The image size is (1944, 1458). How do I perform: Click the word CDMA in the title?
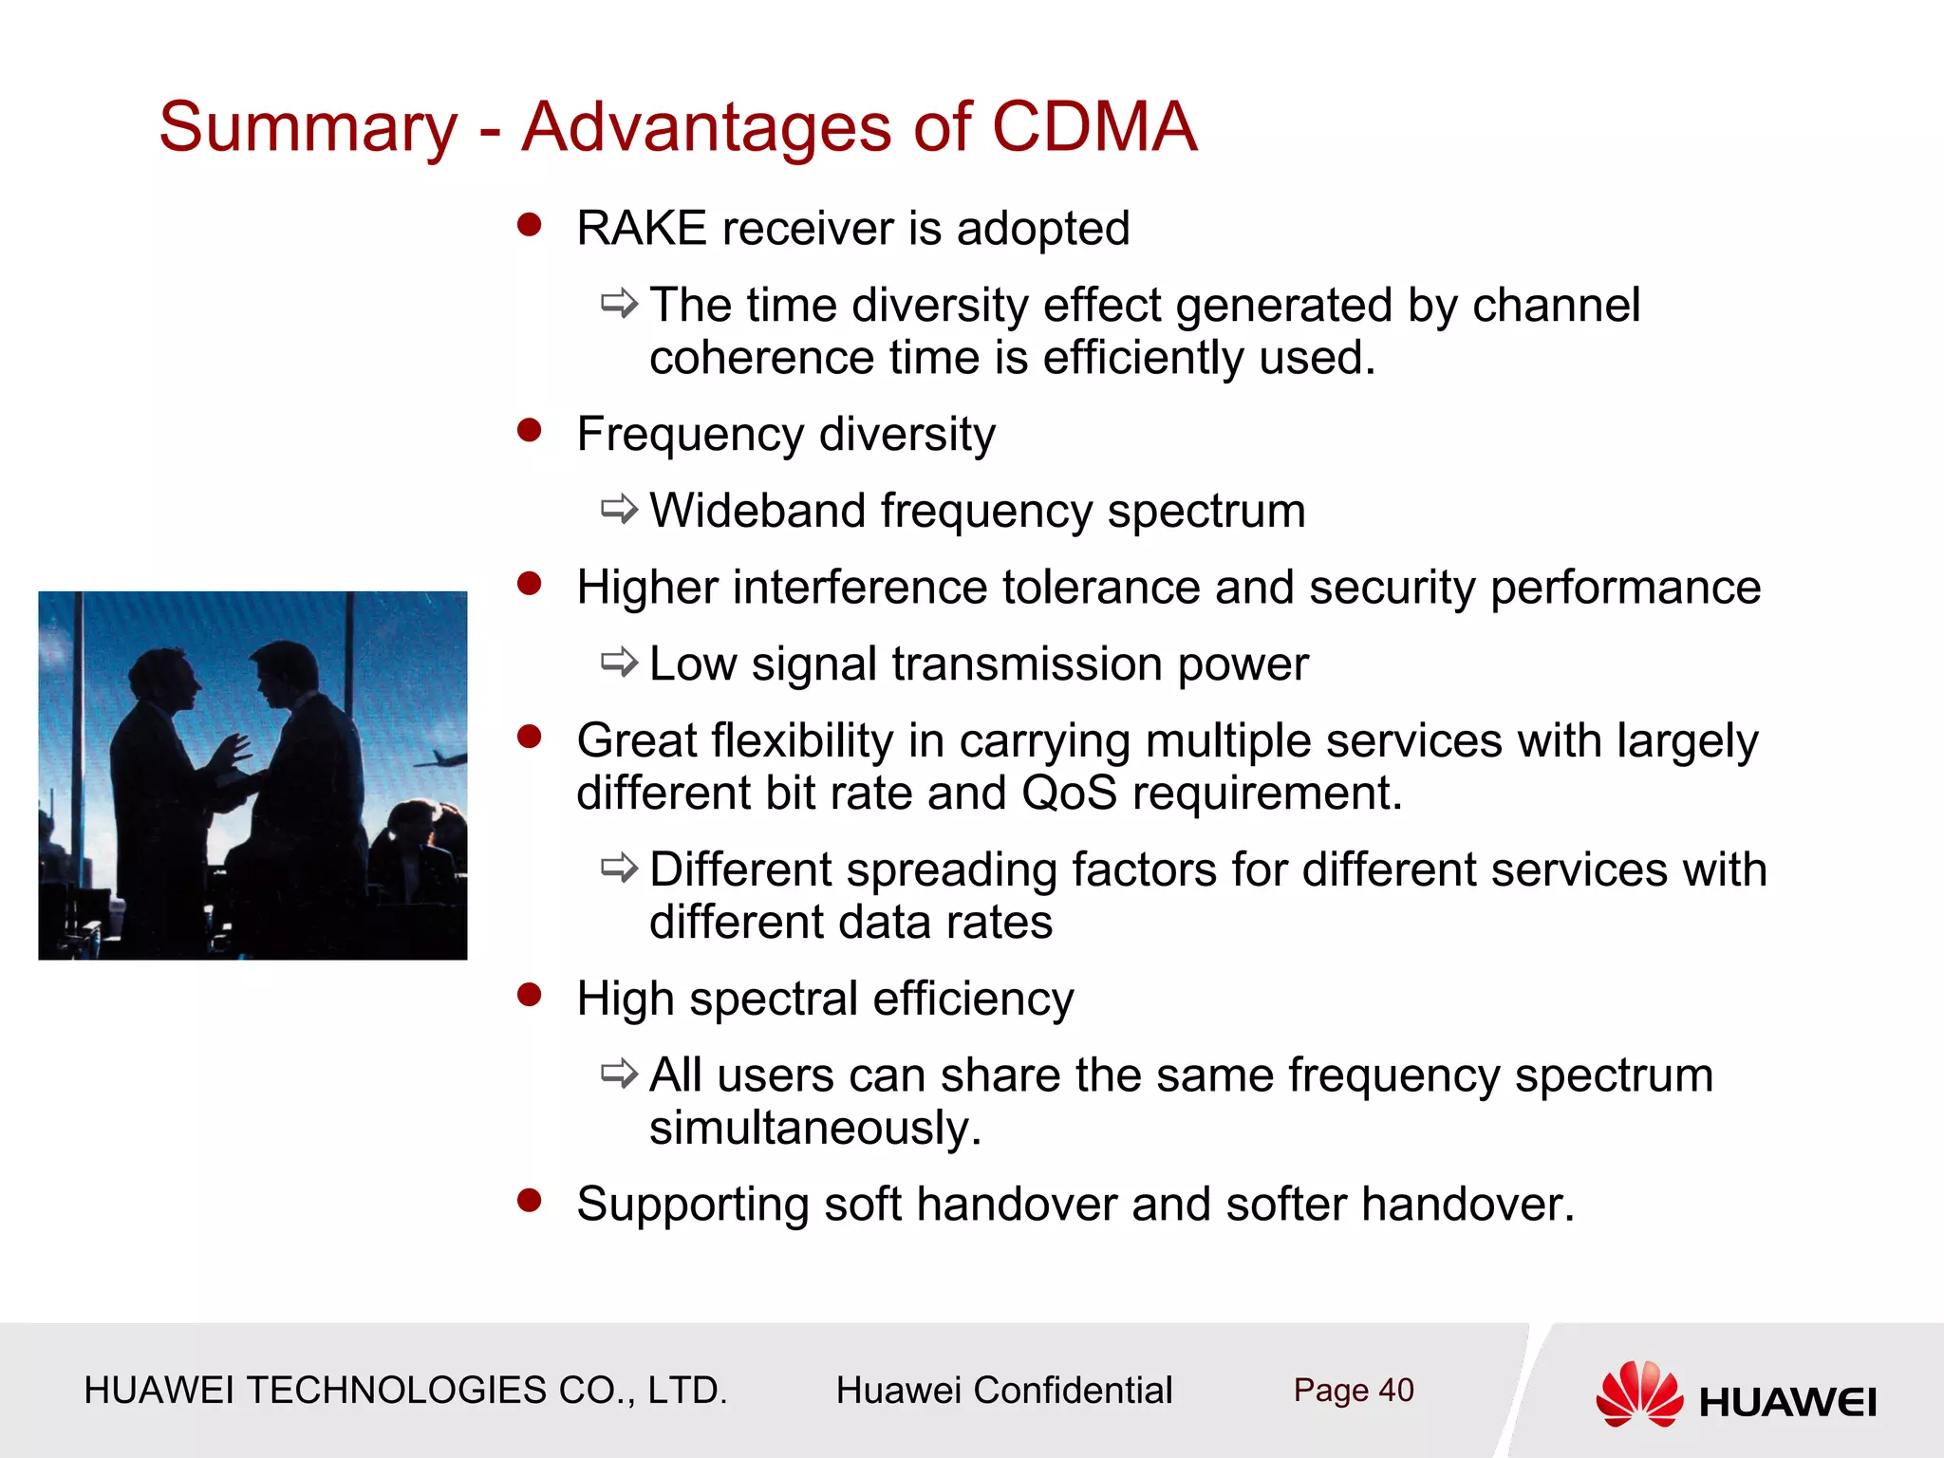tap(1093, 127)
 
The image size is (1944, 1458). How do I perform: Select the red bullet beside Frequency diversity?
tap(529, 431)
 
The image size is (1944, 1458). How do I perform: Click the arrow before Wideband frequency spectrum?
tap(619, 510)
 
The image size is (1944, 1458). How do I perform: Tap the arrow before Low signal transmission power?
tap(619, 663)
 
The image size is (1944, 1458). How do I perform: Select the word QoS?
tap(1069, 793)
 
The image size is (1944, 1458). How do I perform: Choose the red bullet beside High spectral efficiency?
tap(529, 995)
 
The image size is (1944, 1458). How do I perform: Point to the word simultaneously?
tap(813, 1129)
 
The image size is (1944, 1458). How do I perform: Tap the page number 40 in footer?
tap(1395, 1391)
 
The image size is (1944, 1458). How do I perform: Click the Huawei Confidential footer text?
tap(1003, 1391)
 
